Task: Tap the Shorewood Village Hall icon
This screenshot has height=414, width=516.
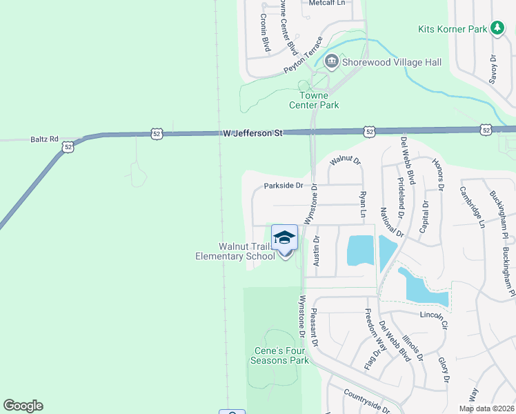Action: point(331,62)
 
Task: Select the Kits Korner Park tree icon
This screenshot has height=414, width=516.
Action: point(497,28)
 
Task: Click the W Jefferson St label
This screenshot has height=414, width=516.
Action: point(253,133)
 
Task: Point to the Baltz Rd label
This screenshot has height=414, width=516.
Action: point(44,139)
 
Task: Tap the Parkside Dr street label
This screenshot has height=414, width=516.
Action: point(284,186)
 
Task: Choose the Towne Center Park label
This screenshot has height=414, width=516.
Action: point(319,100)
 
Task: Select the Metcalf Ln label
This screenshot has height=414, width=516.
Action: point(326,3)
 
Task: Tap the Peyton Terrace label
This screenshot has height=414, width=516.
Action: point(303,56)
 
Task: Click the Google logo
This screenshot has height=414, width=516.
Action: point(23,406)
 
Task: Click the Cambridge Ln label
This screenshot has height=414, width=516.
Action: point(472,206)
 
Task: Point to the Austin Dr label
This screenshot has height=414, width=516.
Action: point(317,251)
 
